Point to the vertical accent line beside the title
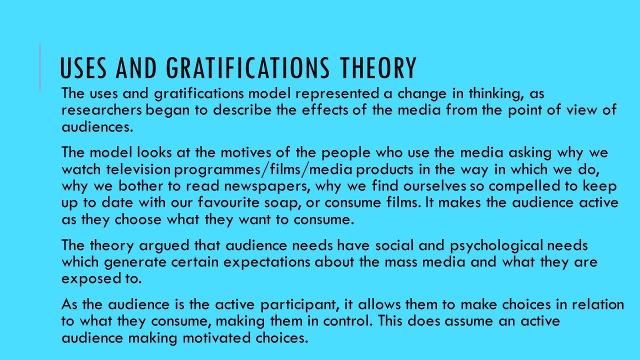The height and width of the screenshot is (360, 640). [x=40, y=67]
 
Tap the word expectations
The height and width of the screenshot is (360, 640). [x=267, y=262]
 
